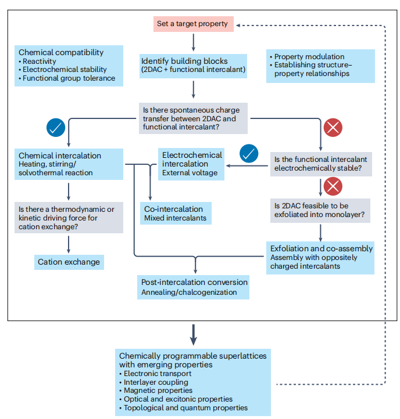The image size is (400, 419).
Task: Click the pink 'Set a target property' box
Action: [x=193, y=24]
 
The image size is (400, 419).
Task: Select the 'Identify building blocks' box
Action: [x=193, y=66]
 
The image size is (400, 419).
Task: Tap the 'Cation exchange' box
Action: [x=69, y=262]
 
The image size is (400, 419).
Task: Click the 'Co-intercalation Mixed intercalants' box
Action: [x=176, y=213]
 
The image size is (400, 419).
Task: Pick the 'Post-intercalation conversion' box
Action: [x=193, y=287]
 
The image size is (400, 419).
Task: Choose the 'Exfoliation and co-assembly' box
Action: [x=320, y=258]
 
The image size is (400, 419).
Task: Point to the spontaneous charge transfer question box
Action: [x=193, y=118]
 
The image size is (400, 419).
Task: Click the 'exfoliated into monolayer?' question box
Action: [x=320, y=211]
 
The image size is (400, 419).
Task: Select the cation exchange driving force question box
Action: [x=69, y=218]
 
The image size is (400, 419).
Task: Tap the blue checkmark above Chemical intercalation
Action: [x=56, y=128]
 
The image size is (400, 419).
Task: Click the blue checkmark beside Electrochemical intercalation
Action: [x=249, y=154]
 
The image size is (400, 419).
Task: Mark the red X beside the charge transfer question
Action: [x=333, y=128]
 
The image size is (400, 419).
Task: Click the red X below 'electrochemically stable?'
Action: [x=333, y=186]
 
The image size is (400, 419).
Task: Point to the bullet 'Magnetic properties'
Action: [x=156, y=391]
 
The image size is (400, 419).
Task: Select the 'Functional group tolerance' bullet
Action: [x=67, y=78]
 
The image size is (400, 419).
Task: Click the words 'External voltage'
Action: [x=190, y=173]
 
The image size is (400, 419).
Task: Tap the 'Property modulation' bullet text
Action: [x=307, y=57]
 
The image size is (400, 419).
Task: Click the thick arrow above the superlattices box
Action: [x=193, y=335]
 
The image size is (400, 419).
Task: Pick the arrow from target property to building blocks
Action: [x=193, y=42]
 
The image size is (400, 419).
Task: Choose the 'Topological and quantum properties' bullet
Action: [x=183, y=408]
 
